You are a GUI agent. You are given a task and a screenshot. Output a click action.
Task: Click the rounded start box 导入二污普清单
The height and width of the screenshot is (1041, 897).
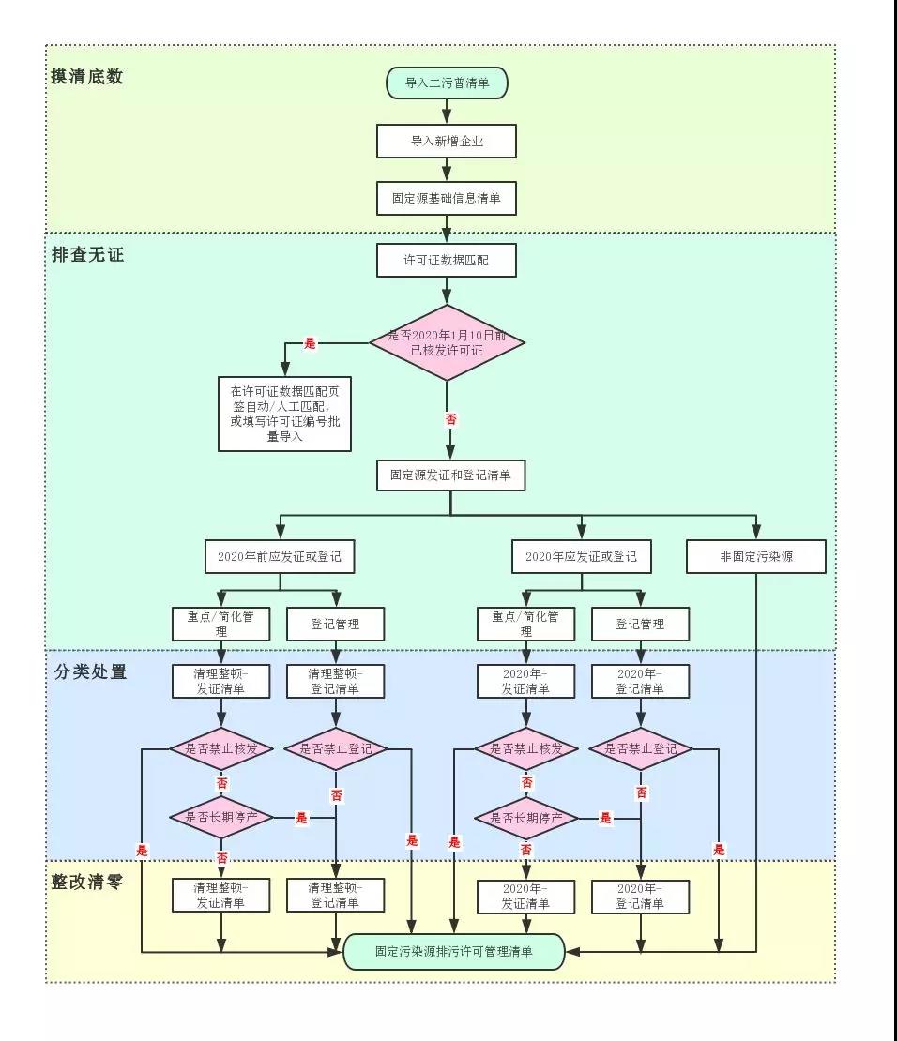click(447, 83)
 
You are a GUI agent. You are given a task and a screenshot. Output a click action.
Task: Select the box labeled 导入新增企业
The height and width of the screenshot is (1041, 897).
click(447, 141)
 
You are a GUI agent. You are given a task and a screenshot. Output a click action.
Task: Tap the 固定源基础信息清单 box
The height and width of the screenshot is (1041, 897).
click(447, 199)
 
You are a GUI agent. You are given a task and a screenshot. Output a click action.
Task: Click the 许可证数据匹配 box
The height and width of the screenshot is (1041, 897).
click(447, 260)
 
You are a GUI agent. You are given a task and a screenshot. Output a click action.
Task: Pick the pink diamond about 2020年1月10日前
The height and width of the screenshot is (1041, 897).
click(447, 342)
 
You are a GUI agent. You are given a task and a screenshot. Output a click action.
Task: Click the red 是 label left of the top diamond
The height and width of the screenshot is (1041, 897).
click(311, 344)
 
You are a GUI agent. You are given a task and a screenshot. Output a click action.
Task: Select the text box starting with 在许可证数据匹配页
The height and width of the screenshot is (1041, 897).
click(284, 414)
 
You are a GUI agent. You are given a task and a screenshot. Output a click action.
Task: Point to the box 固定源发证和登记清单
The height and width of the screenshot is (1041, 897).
click(450, 475)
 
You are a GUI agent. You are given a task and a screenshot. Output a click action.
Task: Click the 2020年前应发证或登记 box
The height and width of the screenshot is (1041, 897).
click(280, 556)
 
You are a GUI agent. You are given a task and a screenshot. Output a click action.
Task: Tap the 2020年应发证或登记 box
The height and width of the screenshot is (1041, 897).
click(582, 556)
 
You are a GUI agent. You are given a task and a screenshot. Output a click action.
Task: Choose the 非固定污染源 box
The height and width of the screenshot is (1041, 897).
click(756, 556)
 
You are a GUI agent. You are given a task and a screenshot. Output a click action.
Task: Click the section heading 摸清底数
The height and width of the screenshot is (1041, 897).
click(87, 77)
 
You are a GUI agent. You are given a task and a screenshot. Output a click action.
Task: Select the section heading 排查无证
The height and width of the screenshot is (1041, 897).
click(87, 254)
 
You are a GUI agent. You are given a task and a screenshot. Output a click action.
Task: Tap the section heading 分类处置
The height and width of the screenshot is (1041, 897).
click(90, 671)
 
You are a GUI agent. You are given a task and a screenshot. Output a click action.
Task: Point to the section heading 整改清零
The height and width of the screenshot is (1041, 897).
click(87, 882)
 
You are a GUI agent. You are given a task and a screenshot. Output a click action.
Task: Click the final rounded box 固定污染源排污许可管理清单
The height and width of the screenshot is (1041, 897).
click(453, 951)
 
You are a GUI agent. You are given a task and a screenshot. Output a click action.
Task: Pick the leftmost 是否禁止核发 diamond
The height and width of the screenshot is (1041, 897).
click(221, 748)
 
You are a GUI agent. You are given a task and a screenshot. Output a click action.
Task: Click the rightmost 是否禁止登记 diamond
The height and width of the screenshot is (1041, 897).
click(640, 748)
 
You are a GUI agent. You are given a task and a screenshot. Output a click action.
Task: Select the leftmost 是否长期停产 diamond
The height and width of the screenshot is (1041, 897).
click(221, 817)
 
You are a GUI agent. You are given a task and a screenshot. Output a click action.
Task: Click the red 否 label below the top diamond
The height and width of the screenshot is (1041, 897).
click(450, 421)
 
